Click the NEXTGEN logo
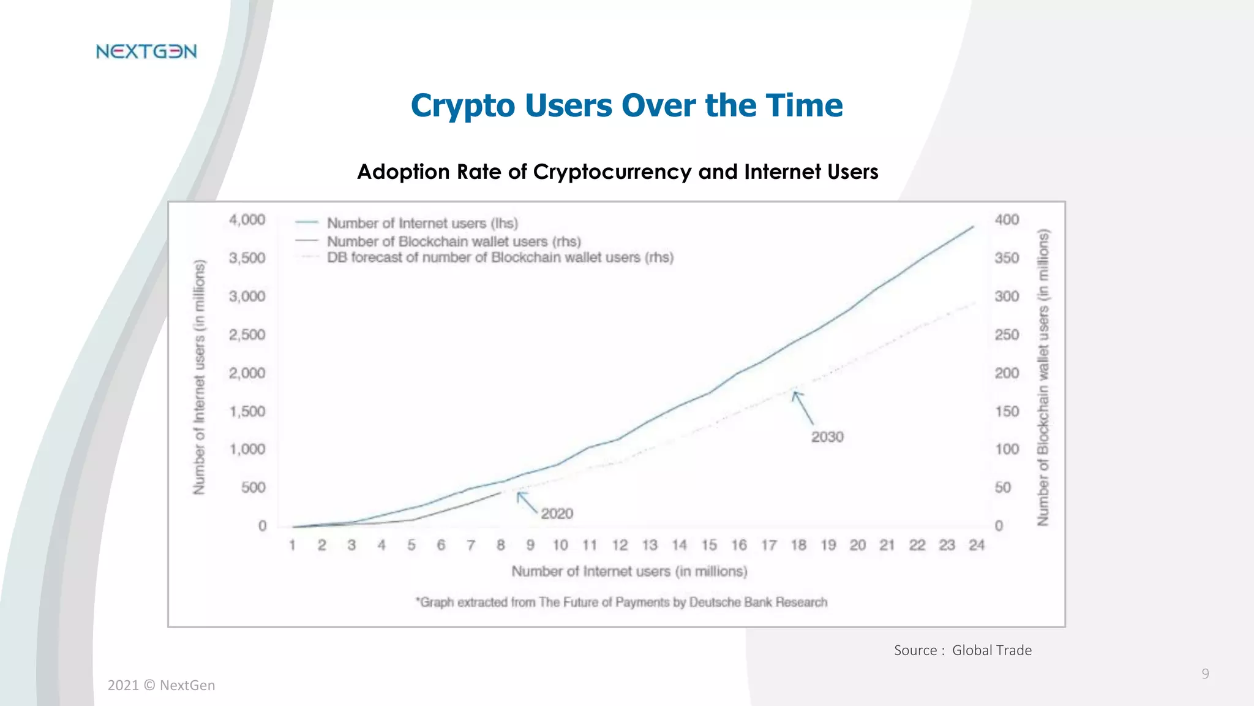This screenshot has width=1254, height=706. (x=146, y=51)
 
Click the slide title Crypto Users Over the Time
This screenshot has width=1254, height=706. (x=626, y=105)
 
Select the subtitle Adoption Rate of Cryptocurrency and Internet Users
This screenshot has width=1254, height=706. (x=617, y=172)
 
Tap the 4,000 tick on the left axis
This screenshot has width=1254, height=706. (x=247, y=220)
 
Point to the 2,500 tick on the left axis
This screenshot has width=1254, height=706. (x=247, y=335)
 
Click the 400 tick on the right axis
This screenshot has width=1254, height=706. (x=1007, y=220)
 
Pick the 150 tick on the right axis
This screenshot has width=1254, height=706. (x=1007, y=411)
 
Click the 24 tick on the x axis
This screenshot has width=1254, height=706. (x=976, y=545)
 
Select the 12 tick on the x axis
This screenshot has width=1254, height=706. (x=620, y=545)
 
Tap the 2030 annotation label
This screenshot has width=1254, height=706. (x=827, y=437)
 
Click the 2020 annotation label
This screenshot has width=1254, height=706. (x=557, y=514)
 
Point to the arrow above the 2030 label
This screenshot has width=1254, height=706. (x=803, y=408)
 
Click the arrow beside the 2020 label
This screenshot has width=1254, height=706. (x=526, y=502)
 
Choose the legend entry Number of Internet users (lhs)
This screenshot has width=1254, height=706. (x=422, y=223)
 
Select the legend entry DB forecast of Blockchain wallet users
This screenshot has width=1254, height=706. (x=500, y=257)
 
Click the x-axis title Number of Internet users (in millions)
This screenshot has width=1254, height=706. (x=629, y=571)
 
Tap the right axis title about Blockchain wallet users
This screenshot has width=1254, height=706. (x=1043, y=377)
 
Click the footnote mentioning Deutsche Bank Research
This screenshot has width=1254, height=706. (x=621, y=602)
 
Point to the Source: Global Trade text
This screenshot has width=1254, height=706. (x=963, y=650)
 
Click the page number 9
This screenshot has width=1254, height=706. (x=1205, y=674)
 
